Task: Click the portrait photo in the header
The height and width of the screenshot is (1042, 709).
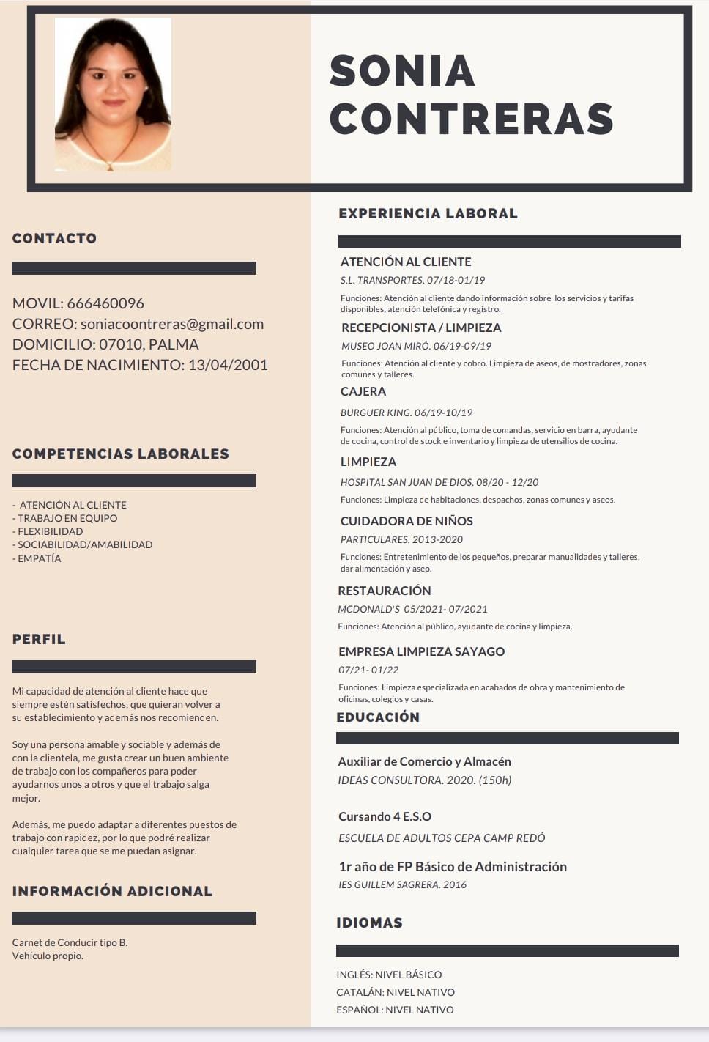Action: (x=113, y=95)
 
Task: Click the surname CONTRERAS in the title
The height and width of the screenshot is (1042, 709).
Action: (x=472, y=119)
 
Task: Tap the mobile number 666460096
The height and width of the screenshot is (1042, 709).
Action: (x=105, y=303)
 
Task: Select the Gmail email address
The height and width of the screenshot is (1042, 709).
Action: (x=172, y=324)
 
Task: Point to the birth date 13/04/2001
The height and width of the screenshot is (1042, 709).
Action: (x=228, y=365)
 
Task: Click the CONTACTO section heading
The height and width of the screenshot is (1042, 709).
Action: (x=55, y=238)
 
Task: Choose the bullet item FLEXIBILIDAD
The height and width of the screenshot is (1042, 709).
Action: (x=50, y=531)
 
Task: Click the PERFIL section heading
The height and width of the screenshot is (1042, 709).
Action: (x=40, y=639)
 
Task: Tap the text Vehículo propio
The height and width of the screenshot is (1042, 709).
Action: (x=48, y=956)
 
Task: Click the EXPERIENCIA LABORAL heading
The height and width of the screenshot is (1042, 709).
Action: (x=428, y=214)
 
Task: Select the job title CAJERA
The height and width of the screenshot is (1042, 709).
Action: (x=363, y=391)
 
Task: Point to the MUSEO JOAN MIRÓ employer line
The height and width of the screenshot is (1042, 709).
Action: (x=416, y=346)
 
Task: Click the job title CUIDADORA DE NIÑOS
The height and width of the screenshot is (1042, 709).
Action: (x=407, y=521)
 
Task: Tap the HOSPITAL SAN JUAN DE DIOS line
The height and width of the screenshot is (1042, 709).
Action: (x=439, y=482)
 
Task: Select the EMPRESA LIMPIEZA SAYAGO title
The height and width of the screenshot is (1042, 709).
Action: (x=421, y=651)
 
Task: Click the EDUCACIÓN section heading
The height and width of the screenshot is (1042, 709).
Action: (x=378, y=717)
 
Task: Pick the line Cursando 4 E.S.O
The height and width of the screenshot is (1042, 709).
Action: (x=385, y=816)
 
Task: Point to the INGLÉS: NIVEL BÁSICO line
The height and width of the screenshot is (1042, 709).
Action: (x=389, y=975)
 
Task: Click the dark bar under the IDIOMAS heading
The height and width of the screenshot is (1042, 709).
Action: (x=507, y=950)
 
